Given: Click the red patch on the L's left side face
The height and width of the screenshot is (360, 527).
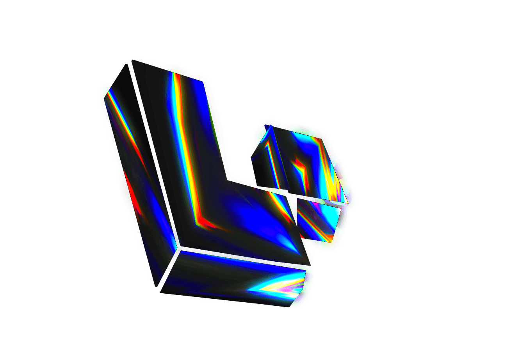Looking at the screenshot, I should pyautogui.click(x=133, y=195).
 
